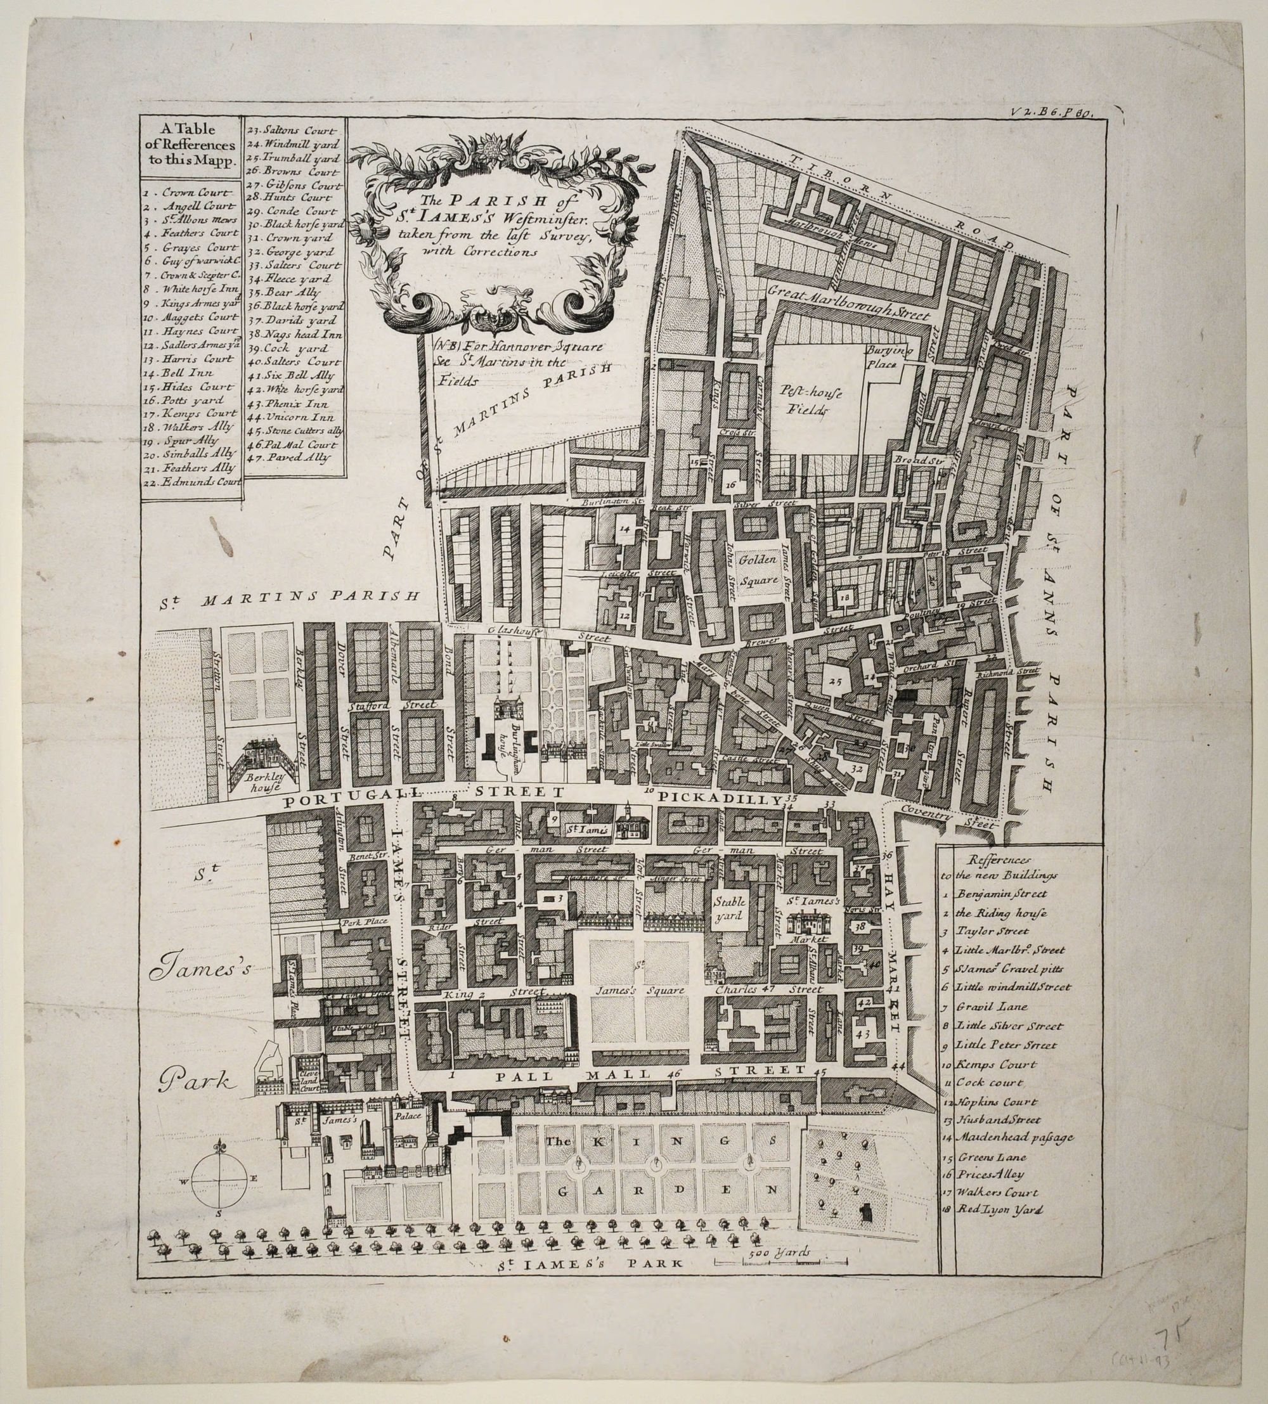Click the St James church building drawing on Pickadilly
(x=629, y=820)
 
